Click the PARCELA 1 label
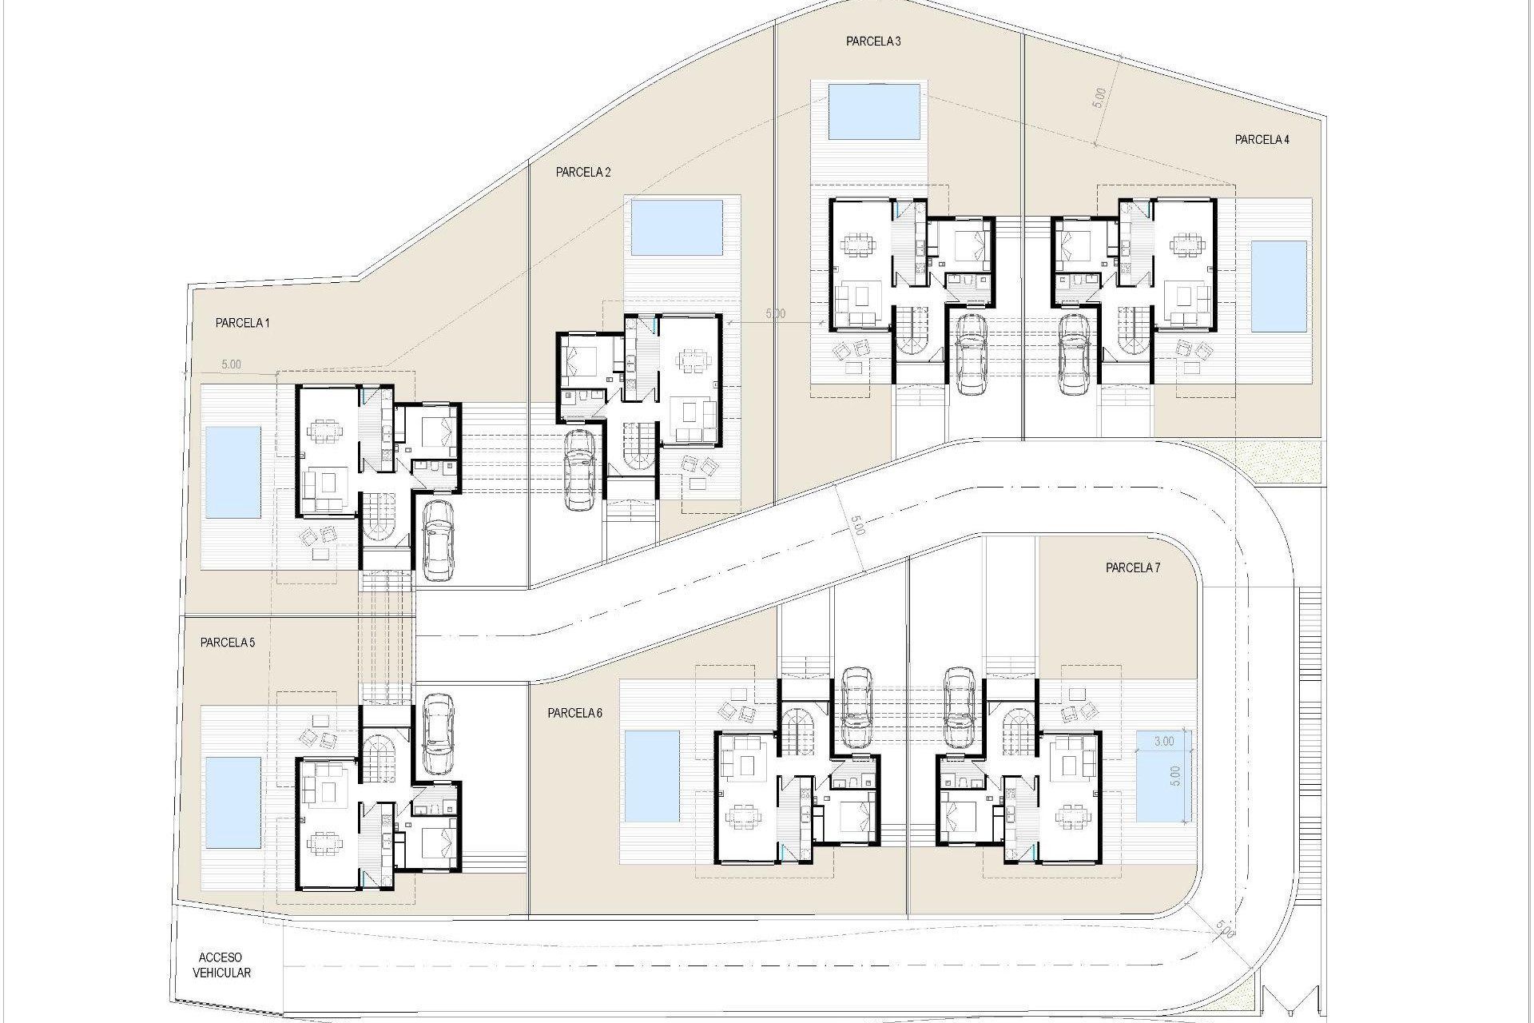[242, 324]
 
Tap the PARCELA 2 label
[583, 172]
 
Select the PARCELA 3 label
[873, 42]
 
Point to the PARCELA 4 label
[1262, 140]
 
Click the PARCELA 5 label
[228, 642]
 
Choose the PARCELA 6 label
[574, 713]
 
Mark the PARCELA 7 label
[1132, 568]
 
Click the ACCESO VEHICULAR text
[221, 965]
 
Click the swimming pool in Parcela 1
[233, 472]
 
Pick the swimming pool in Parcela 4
[1278, 286]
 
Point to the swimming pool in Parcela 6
[650, 777]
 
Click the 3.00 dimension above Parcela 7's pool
[1164, 741]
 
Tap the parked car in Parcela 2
[579, 469]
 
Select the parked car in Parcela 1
[438, 539]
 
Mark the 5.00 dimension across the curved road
[857, 527]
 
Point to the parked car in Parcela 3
[971, 352]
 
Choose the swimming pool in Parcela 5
[233, 802]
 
